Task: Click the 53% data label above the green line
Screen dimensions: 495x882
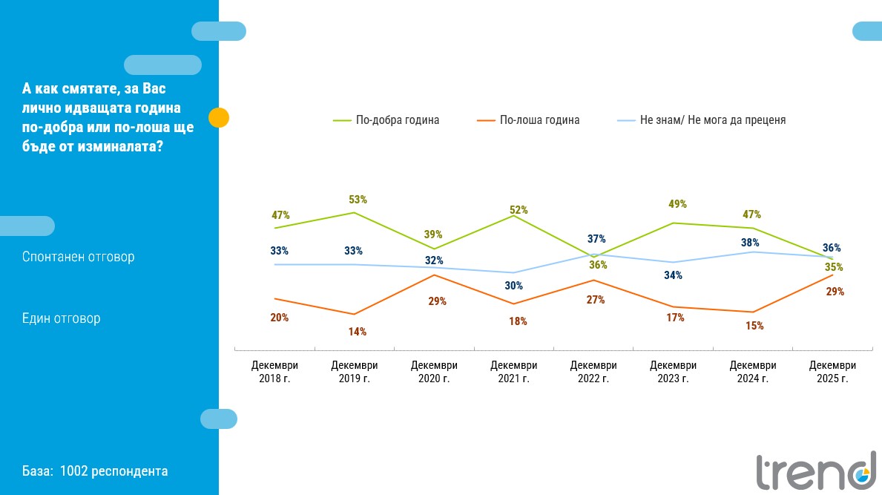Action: tap(358, 200)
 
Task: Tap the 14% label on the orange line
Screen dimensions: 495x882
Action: tap(358, 332)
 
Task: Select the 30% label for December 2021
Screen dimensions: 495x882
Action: tap(514, 286)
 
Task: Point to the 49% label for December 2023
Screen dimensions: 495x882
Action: tap(677, 204)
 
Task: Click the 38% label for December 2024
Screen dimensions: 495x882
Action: tap(749, 242)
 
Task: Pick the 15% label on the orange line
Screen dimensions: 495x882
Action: tap(754, 326)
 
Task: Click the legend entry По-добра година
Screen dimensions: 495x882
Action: tap(398, 119)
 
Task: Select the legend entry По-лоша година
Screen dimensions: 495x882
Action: tap(539, 119)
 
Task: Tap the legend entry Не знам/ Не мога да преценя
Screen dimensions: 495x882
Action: tap(712, 119)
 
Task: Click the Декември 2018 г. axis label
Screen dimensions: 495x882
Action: tap(274, 372)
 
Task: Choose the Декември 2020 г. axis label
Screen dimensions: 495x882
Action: tap(434, 372)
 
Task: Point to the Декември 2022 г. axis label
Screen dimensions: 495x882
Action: tap(593, 372)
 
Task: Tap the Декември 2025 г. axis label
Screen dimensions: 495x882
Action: tap(832, 372)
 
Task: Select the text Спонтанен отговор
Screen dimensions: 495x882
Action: tap(79, 257)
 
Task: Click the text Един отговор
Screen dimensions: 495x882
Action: tap(62, 318)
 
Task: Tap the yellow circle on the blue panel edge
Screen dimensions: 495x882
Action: tap(219, 117)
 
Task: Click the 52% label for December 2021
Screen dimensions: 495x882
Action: tap(519, 210)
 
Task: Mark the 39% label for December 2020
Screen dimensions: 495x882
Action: tap(433, 235)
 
